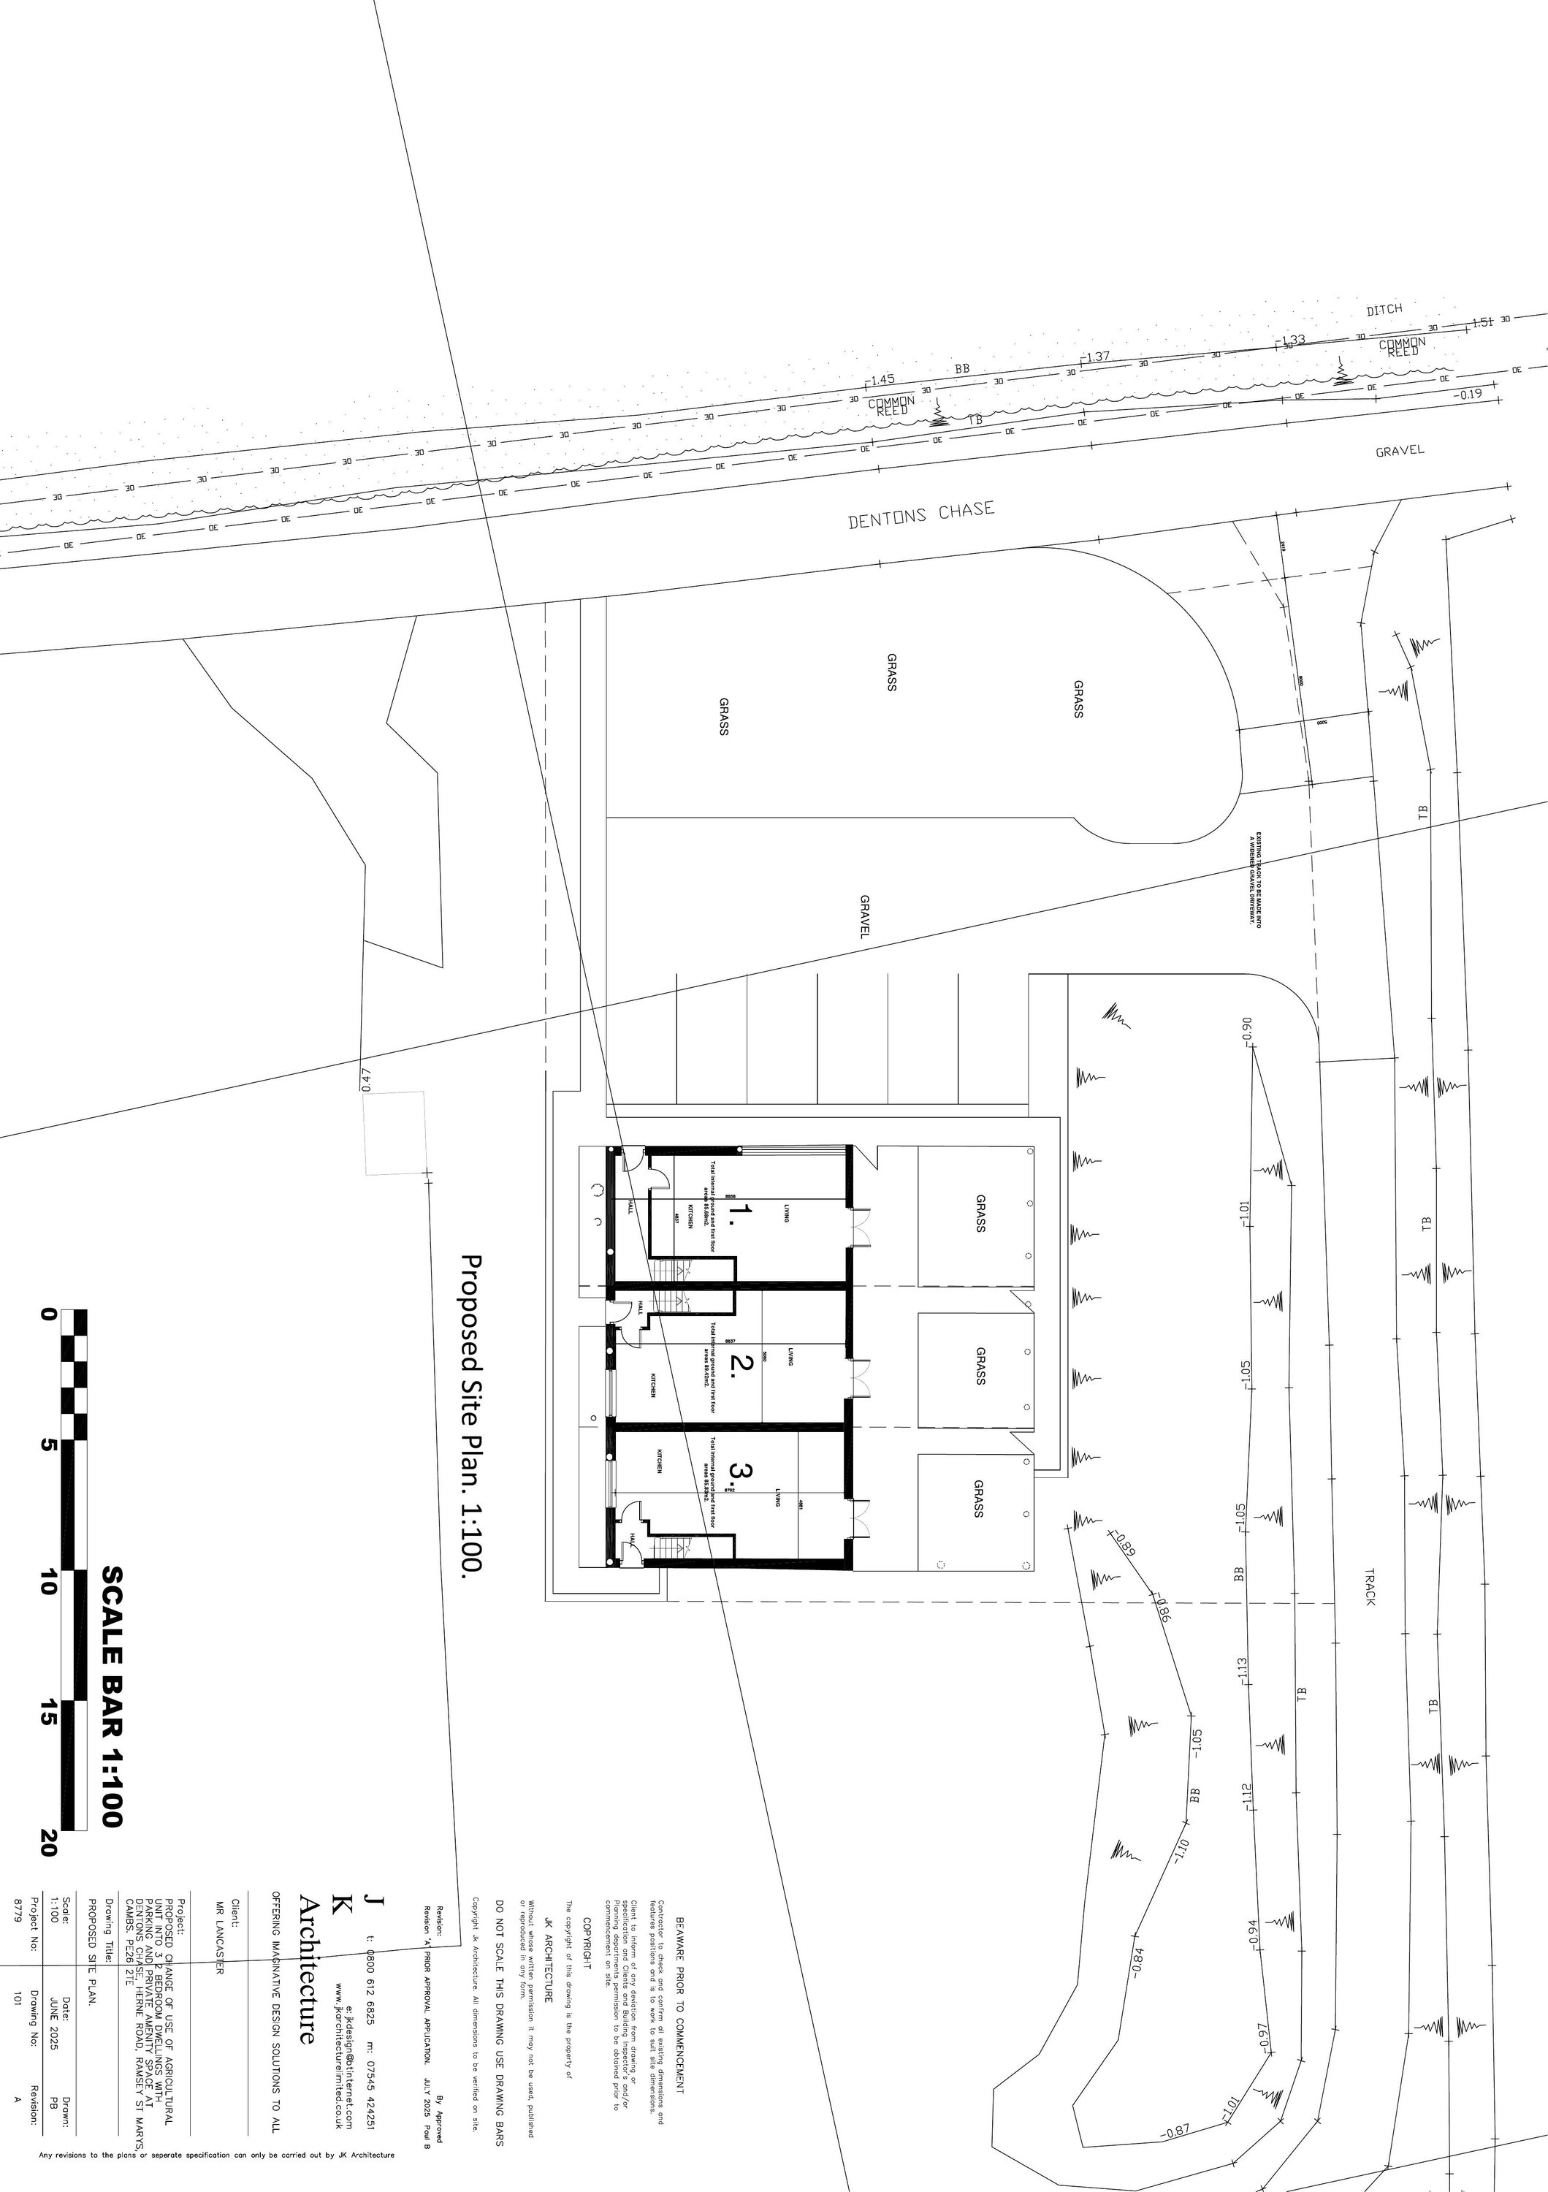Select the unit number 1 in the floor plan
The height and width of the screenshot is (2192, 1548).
tap(741, 1214)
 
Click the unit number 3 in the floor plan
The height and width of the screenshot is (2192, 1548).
tap(741, 1470)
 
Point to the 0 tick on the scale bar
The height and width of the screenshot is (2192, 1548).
tap(47, 1314)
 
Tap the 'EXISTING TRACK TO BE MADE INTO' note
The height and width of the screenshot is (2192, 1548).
tap(1259, 879)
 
